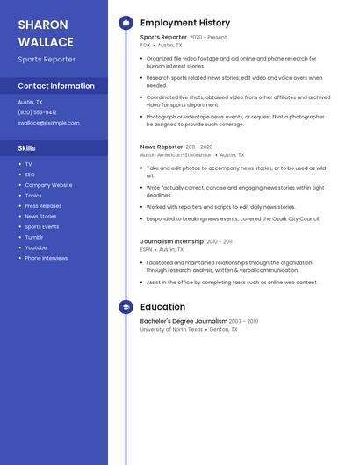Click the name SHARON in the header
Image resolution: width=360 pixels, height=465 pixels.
point(42,25)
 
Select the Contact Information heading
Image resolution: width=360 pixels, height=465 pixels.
point(56,86)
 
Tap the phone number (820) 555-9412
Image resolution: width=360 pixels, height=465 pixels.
point(37,112)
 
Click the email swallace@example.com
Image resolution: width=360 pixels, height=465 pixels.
point(48,123)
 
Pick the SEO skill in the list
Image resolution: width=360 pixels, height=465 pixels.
point(30,175)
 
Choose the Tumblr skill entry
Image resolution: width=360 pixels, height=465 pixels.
point(33,237)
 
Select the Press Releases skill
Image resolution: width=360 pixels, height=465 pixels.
point(43,206)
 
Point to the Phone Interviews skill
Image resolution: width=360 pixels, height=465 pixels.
point(46,258)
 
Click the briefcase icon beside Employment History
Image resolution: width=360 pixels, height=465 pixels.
point(126,23)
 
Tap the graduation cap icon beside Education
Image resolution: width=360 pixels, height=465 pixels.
point(126,307)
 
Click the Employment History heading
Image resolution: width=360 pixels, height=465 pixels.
point(185,23)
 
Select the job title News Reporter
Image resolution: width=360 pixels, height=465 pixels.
point(162,147)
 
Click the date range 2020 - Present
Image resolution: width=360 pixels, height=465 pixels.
point(208,38)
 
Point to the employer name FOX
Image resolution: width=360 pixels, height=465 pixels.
point(146,45)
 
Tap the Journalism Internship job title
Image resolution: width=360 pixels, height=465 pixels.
point(172,241)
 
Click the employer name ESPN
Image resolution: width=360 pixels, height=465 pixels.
point(147,249)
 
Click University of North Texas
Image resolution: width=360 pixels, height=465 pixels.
point(171,329)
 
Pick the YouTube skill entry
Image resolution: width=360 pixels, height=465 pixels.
point(35,247)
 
